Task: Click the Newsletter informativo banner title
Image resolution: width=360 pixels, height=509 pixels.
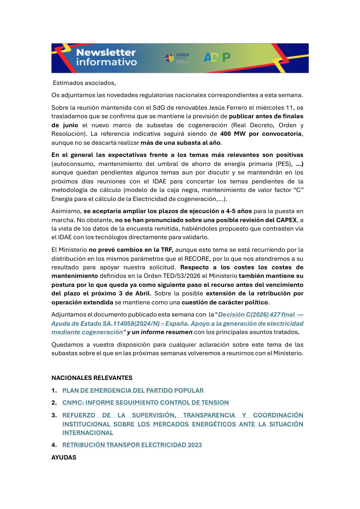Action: (106, 58)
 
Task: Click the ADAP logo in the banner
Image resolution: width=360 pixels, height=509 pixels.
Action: (217, 58)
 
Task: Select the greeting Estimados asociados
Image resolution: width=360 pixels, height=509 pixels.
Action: (85, 83)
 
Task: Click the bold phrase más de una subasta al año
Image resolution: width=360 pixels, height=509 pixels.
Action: (181, 143)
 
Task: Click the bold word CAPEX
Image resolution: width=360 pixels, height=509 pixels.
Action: (289, 220)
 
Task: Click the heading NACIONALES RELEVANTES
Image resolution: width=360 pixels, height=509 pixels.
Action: (92, 377)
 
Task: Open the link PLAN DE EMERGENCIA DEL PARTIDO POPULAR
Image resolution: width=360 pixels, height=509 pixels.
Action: (133, 390)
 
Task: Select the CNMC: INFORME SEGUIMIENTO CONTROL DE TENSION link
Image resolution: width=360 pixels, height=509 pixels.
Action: (145, 402)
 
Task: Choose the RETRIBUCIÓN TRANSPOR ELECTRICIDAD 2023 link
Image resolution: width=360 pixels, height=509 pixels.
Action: (132, 445)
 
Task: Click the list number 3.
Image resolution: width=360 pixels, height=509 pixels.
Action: (54, 415)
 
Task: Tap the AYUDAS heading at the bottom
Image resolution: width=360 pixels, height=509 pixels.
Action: (64, 457)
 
